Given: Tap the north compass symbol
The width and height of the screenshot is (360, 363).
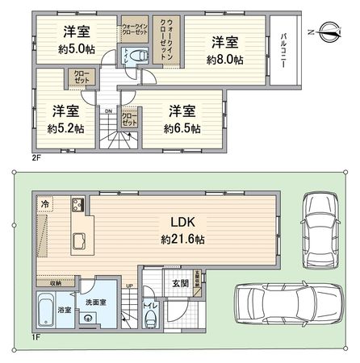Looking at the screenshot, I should tap(332, 32).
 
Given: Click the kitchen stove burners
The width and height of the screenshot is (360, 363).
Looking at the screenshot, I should tap(78, 202).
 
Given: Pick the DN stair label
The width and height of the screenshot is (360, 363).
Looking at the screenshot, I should tap(107, 111).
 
